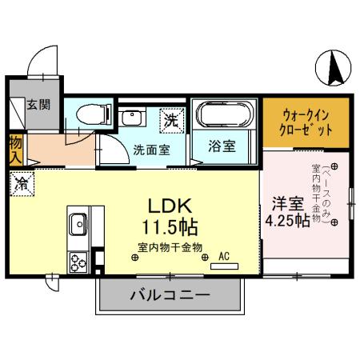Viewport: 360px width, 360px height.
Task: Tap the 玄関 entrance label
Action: tap(36, 104)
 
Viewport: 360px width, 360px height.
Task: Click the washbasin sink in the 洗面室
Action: tap(130, 119)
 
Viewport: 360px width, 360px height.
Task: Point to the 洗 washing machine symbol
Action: tap(170, 120)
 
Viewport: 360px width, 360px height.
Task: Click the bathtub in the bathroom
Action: tap(225, 114)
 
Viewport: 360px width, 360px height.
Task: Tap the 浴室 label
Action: tap(222, 146)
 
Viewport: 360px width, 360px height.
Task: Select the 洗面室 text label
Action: tap(150, 148)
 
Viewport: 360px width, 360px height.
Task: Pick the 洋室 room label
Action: tap(286, 203)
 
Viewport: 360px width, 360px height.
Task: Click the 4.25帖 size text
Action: tap(287, 222)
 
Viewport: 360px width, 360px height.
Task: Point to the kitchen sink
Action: tap(78, 225)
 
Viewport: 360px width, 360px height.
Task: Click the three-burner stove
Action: tap(78, 261)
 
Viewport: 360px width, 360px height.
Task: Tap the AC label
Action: tap(224, 256)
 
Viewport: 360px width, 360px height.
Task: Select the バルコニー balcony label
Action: tap(170, 295)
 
